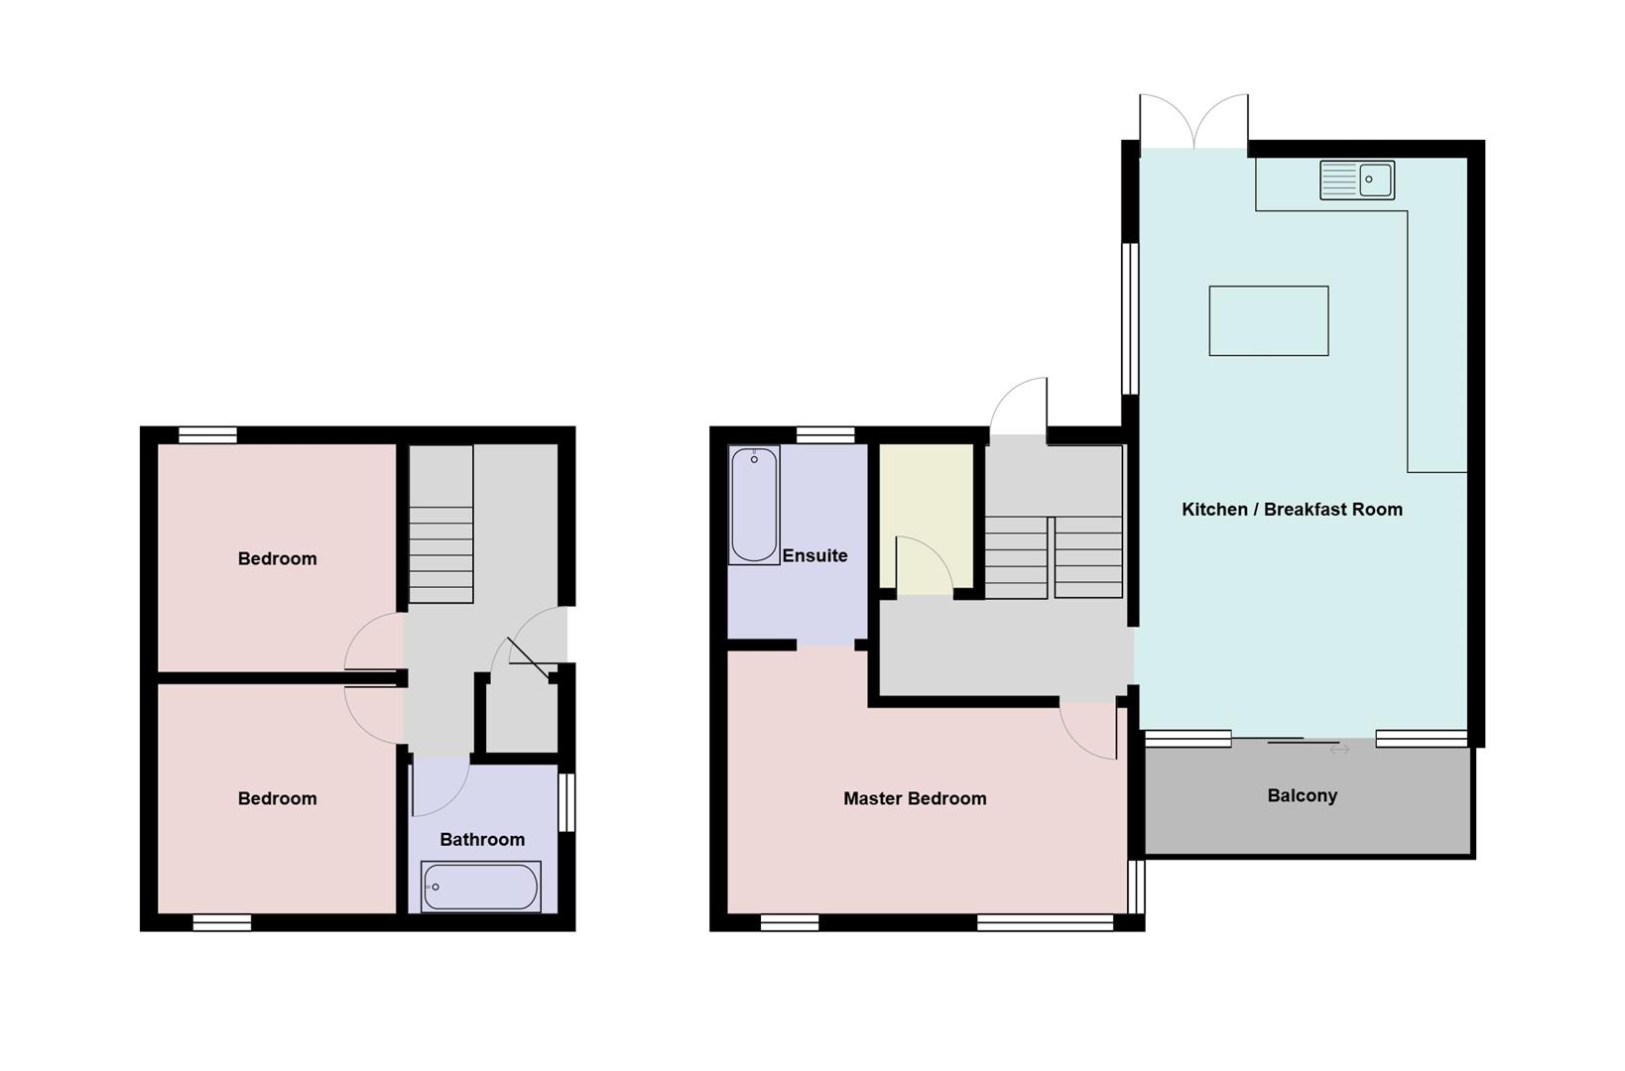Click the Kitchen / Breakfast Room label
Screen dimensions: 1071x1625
click(1292, 510)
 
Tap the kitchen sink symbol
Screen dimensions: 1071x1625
click(1356, 180)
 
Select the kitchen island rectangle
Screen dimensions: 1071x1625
click(1268, 320)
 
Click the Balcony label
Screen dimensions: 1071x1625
click(1302, 796)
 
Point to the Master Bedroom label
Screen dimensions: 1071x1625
click(915, 798)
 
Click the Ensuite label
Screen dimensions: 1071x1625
click(814, 556)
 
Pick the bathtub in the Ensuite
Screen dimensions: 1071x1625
click(754, 506)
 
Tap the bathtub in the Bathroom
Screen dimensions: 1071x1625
click(481, 887)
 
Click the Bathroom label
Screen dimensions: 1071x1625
click(482, 840)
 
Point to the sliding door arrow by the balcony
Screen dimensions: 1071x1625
click(1339, 751)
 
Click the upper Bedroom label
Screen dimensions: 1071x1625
click(277, 559)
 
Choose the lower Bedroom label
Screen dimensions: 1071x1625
click(277, 799)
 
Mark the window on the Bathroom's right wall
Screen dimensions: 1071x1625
click(566, 802)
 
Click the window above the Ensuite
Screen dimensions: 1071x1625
click(825, 434)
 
